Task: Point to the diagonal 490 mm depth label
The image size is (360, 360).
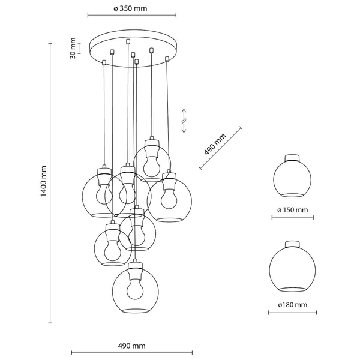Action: click(214, 145)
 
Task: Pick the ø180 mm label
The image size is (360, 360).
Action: click(292, 305)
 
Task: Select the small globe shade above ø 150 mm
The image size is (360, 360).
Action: click(292, 178)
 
